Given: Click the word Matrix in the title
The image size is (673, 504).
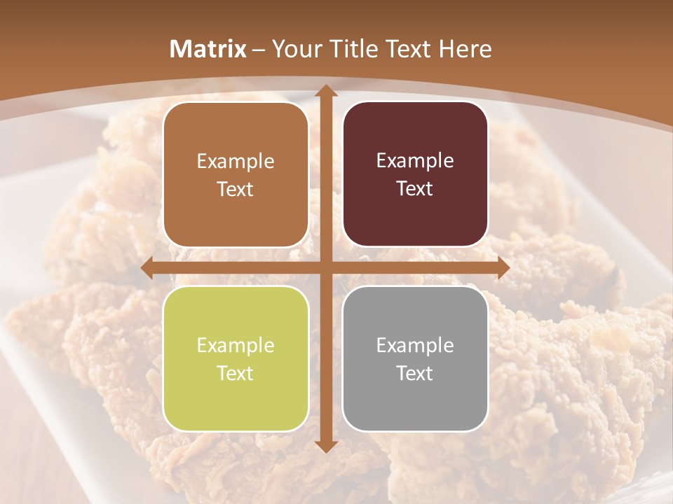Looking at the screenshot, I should [208, 49].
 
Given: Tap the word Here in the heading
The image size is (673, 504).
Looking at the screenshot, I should [465, 49].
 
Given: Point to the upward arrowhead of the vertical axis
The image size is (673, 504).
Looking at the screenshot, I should [325, 91].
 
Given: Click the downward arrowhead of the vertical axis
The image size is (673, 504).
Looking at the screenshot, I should [325, 446].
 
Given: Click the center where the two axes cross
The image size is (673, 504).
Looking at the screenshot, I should [325, 267].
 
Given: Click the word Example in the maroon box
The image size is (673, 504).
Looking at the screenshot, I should [415, 161].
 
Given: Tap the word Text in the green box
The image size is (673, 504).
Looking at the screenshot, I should [236, 373].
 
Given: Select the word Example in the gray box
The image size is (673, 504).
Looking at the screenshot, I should [415, 345].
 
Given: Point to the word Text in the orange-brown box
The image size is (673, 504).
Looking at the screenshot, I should [236, 189].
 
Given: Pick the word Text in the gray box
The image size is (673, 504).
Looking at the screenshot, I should [415, 373].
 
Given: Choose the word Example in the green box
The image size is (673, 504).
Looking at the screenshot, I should [236, 345].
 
